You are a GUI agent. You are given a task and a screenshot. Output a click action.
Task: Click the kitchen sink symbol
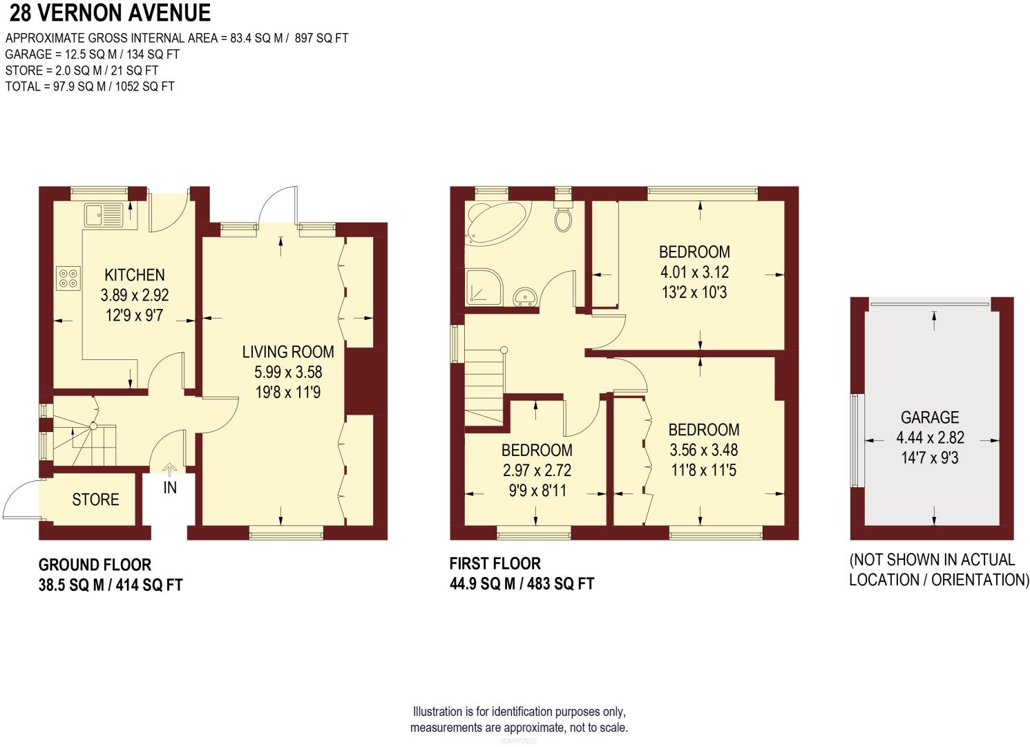tap(104, 214)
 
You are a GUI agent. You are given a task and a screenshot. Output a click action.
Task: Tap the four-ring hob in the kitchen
tap(68, 278)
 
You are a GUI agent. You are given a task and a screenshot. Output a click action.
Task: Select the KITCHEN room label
tap(135, 275)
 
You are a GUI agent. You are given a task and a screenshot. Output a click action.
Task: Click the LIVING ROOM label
tap(288, 352)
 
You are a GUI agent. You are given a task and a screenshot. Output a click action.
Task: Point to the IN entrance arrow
tap(169, 471)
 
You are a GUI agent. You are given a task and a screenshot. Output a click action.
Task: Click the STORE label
tap(95, 500)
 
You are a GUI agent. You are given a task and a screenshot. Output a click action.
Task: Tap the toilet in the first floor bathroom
tap(564, 216)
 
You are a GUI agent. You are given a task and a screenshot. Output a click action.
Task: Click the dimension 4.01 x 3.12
tap(694, 272)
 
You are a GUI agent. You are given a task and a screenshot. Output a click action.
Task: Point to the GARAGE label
tap(929, 417)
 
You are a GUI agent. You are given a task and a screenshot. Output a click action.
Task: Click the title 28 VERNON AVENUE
tap(110, 13)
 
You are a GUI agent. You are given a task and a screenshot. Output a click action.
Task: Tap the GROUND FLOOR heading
tap(95, 565)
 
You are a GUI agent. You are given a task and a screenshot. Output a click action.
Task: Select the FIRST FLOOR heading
tap(495, 563)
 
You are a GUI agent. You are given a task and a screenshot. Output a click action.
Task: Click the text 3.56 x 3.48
tap(703, 450)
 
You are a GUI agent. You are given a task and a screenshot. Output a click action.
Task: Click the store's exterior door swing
tap(21, 499)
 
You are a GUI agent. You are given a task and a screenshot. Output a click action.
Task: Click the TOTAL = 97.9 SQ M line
tap(90, 86)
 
